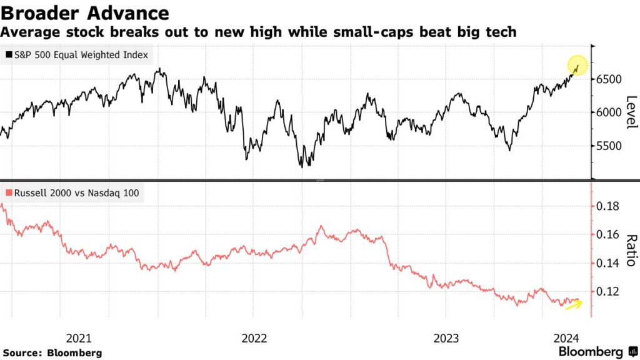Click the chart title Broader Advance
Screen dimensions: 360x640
point(85,13)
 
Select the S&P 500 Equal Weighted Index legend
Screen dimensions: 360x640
point(77,55)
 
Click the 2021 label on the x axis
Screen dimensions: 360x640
point(79,339)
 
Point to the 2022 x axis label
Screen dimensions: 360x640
point(254,339)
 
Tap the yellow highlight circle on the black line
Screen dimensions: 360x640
point(577,65)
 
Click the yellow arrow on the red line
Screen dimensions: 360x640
point(573,304)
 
